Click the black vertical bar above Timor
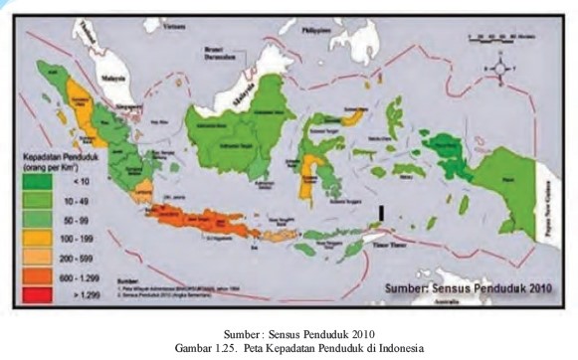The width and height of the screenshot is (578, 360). (x=382, y=212)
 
